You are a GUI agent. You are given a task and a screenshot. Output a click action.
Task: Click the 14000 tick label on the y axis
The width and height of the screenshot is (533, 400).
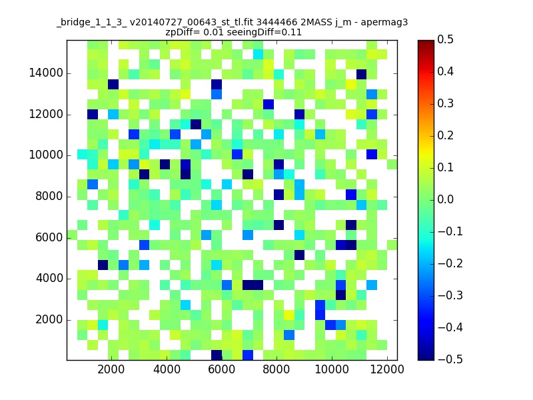coord(46,73)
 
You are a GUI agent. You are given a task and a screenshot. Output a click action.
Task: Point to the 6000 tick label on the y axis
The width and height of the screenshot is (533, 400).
coord(49,237)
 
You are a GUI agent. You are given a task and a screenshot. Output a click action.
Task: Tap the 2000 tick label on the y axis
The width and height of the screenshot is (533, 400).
coord(49,320)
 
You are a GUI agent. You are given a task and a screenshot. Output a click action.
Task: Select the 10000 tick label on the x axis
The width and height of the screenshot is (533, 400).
coord(331,369)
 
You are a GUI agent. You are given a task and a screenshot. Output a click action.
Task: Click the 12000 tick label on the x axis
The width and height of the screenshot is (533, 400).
coord(387,369)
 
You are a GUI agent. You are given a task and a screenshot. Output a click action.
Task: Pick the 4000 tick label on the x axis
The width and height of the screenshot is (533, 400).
coord(167,369)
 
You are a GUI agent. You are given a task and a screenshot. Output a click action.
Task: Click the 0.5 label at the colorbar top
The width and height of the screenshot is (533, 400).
coord(445,39)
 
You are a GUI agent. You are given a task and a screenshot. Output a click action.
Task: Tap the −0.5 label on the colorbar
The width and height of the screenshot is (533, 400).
coord(450,359)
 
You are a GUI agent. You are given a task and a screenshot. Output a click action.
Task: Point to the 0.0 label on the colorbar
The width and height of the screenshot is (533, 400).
coord(445,199)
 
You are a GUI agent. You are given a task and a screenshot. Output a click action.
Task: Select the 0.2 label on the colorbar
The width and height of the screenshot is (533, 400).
coord(445,135)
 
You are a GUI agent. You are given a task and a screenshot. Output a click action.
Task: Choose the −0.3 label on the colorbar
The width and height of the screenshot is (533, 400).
coord(450,295)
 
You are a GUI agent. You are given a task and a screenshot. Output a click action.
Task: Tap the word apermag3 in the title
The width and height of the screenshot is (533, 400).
coord(384,23)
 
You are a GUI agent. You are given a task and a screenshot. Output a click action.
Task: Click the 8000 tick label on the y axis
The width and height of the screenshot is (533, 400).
coord(49,196)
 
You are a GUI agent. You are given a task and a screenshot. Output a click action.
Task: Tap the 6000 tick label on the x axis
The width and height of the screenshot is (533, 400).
coord(222,369)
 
